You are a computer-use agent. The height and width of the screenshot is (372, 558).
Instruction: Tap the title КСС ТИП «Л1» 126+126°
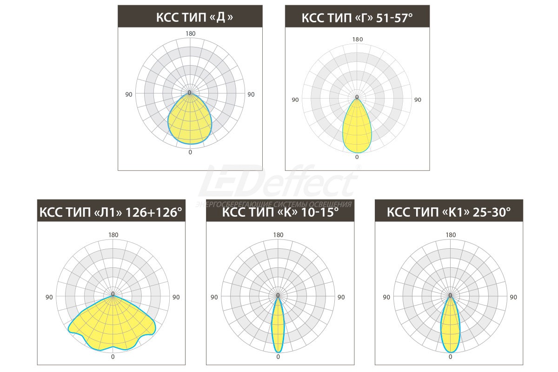111,213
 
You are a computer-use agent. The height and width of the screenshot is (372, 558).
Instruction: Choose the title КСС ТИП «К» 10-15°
280,213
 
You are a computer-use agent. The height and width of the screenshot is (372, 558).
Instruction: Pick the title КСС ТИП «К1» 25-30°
449,213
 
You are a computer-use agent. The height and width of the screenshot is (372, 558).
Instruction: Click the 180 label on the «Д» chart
190,33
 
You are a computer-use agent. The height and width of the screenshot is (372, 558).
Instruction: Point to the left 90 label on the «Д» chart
129,94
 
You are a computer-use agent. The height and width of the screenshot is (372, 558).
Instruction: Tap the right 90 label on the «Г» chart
418,100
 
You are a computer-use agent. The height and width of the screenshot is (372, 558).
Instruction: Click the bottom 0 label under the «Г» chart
357,157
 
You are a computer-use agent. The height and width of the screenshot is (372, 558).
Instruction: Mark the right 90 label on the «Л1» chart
176,297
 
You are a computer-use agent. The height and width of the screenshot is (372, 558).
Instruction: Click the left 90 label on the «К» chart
214,297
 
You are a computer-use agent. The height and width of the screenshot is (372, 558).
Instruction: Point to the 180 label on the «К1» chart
450,235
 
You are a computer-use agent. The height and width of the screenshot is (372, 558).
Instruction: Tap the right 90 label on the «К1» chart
513,297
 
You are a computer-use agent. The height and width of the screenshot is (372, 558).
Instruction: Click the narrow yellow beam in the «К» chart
278,325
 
